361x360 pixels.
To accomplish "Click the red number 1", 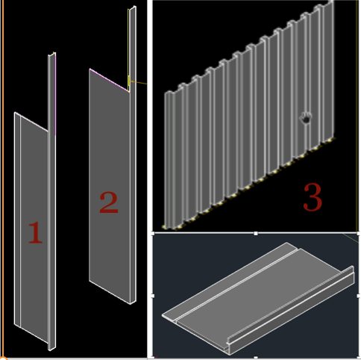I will pyautogui.click(x=34, y=233).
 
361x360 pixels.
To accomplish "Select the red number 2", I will pyautogui.click(x=109, y=202).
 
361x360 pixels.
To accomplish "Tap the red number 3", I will pyautogui.click(x=313, y=197).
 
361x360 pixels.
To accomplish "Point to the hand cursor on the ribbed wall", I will pyautogui.click(x=306, y=117).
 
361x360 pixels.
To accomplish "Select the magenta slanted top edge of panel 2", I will pyautogui.click(x=109, y=80).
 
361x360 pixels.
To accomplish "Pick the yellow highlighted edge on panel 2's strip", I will pyautogui.click(x=129, y=80).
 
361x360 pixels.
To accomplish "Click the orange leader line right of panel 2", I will pyautogui.click(x=142, y=81).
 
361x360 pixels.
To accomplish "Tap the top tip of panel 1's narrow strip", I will pyautogui.click(x=52, y=55).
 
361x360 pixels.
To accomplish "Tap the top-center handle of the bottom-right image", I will pyautogui.click(x=256, y=234).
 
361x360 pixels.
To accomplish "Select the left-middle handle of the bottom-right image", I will pyautogui.click(x=154, y=295).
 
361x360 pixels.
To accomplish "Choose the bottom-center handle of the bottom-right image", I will pyautogui.click(x=256, y=356).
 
